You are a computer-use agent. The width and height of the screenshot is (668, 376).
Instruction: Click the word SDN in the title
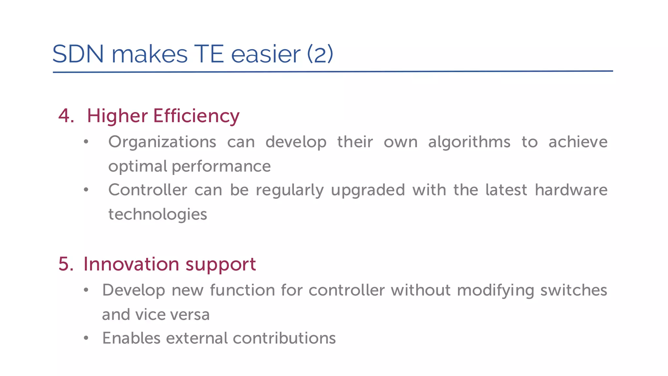coord(78,54)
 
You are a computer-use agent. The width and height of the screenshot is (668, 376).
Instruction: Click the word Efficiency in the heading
coord(196,116)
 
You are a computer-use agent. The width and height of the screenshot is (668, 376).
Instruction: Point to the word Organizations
coord(162,142)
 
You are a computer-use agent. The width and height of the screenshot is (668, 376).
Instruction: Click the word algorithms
coord(469,142)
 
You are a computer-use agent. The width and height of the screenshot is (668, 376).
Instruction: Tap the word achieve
coord(578,142)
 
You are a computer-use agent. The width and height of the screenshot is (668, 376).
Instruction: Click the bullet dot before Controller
coord(86,190)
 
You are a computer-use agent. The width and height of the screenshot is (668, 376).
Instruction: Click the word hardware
coord(571,190)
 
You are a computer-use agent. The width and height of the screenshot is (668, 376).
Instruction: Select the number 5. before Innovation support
coord(66,264)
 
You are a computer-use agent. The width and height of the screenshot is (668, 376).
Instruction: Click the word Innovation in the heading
coord(131,264)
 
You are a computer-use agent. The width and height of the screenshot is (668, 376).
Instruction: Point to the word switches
coord(574,290)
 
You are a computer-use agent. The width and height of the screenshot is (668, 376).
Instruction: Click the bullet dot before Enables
coord(86,338)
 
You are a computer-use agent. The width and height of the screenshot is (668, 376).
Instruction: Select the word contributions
coord(284,338)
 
